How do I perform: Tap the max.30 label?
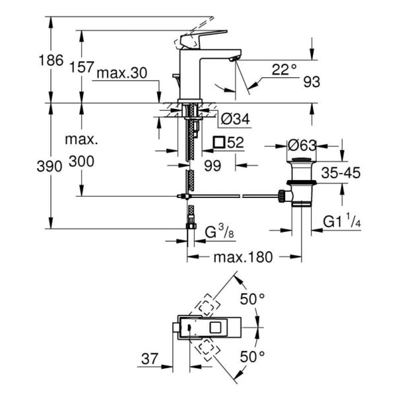coord(121,74)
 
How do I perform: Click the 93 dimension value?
coord(312,82)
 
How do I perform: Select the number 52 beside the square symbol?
coord(237,142)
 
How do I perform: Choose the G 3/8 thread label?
coord(218,232)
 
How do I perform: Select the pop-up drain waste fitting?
coord(302,185)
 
